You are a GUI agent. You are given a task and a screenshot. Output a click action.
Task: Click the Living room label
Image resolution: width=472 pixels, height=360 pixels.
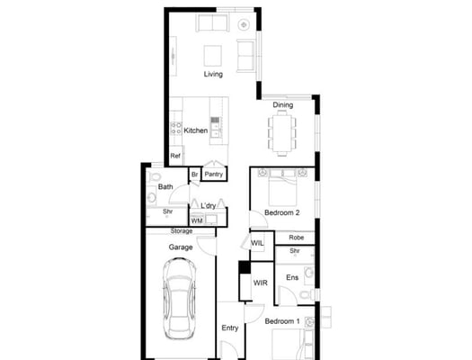pos(213,74)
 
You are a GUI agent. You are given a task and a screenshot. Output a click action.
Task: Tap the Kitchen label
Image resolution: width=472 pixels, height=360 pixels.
pos(196,130)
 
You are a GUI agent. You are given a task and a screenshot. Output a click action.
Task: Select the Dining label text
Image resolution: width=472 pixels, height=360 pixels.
pos(283,104)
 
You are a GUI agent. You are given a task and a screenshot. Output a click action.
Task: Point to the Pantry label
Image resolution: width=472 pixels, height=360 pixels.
pos(214,174)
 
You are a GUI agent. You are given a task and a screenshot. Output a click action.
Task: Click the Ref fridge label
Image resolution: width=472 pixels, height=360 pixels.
pos(175,156)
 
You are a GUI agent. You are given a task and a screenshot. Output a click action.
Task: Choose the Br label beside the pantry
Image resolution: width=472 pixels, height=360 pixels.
pos(195,175)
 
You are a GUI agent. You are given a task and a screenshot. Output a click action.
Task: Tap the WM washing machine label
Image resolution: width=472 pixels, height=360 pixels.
pos(197,220)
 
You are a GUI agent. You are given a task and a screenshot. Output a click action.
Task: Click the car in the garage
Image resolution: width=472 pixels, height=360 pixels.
pos(180,299)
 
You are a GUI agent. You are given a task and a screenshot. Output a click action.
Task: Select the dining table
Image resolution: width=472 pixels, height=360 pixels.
pos(282,133)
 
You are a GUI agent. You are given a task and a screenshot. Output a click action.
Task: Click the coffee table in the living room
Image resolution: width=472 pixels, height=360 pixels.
pos(213,56)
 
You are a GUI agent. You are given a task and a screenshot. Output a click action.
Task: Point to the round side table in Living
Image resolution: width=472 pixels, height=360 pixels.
pos(244,24)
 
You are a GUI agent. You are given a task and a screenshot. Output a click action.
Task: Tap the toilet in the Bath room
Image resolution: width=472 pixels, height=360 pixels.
pos(155,176)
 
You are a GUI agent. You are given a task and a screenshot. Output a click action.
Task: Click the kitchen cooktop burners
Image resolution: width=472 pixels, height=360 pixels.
pos(176,128)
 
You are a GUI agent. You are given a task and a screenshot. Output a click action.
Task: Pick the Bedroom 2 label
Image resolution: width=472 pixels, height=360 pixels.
pos(282,212)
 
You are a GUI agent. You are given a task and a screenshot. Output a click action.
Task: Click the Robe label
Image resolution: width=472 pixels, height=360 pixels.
pos(297,238)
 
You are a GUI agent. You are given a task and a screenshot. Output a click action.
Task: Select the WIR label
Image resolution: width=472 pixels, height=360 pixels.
pos(261,283)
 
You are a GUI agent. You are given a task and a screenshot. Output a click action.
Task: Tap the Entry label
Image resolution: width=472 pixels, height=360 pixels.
pos(230,328)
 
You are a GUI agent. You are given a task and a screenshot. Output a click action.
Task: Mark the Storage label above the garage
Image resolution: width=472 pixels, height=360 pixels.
pos(182,231)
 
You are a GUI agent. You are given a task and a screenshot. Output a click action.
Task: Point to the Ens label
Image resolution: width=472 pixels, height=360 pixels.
pos(292,277)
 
